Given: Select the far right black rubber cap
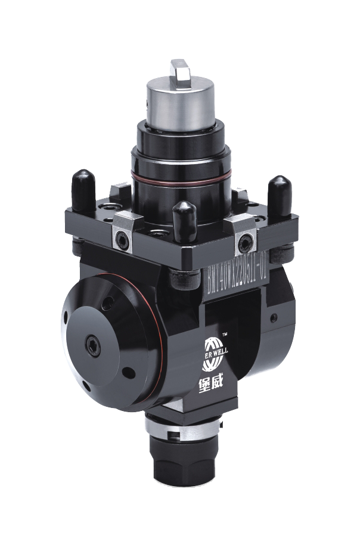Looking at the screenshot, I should [279, 191].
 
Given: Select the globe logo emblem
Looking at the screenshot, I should [213, 346].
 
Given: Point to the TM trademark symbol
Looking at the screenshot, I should [225, 334].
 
